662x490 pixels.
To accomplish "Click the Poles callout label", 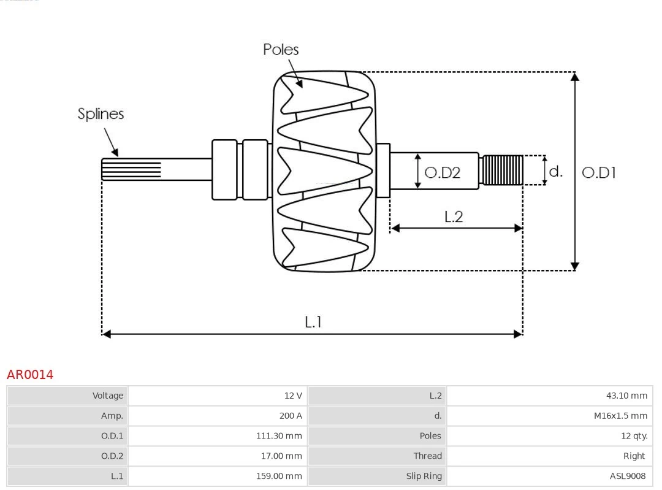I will click(281, 50).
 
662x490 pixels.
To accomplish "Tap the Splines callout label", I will click(101, 114).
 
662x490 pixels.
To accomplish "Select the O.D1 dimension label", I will click(598, 173).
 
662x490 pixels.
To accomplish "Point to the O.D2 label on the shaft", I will click(442, 173).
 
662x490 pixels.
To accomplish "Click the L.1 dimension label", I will click(313, 322).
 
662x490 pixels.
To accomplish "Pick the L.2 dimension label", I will click(454, 216).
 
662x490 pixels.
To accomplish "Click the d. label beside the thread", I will click(555, 172).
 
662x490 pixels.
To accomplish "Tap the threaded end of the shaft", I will click(503, 170).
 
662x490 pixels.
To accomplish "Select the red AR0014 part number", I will click(30, 375).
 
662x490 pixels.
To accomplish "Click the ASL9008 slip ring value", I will click(627, 476).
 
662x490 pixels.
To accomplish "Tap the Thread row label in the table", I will click(427, 456).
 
